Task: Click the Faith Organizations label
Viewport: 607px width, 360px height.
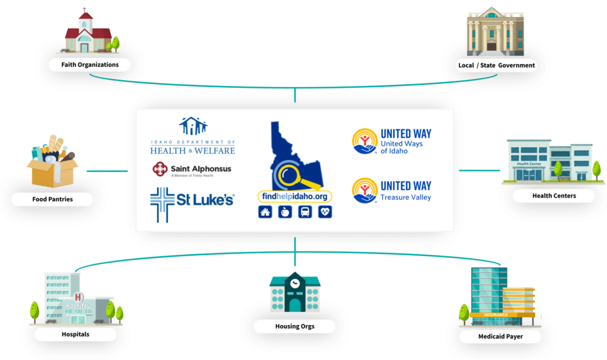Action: coord(90,65)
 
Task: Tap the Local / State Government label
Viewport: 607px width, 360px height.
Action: coord(497,65)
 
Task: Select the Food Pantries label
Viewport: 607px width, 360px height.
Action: coord(52,199)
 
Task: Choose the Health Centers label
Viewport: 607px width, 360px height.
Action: coord(554,196)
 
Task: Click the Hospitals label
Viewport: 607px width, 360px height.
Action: coord(75,334)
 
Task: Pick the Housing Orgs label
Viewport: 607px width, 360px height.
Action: coord(295,326)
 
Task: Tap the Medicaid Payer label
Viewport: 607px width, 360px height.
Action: coord(500,336)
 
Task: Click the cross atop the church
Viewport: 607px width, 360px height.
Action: coord(84,9)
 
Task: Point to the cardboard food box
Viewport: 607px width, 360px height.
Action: coord(52,173)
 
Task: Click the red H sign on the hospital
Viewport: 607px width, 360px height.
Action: coord(78,297)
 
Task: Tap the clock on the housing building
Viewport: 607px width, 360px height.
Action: coord(295,283)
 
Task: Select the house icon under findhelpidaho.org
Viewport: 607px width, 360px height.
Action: coord(265,212)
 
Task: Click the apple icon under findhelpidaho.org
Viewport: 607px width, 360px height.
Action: coord(285,212)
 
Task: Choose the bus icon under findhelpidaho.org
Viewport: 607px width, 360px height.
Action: coord(305,212)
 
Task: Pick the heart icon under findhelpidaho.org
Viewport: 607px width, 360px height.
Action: coord(325,212)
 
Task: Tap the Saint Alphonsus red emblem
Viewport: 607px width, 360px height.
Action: coord(160,169)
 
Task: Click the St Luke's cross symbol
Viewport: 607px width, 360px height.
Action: coord(162,205)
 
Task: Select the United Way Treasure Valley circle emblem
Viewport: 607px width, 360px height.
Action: coord(365,190)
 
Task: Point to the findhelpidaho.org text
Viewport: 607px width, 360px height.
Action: coord(295,196)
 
